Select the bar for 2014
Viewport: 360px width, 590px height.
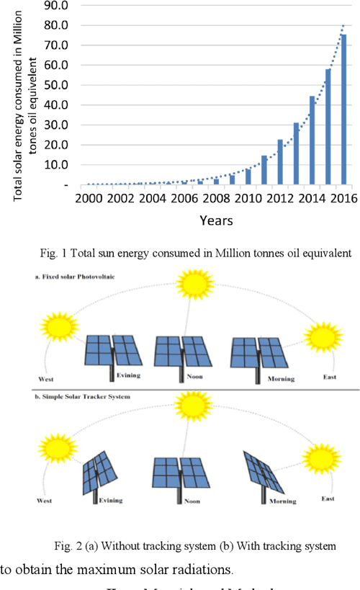coord(312,140)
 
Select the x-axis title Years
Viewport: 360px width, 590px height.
coord(216,220)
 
